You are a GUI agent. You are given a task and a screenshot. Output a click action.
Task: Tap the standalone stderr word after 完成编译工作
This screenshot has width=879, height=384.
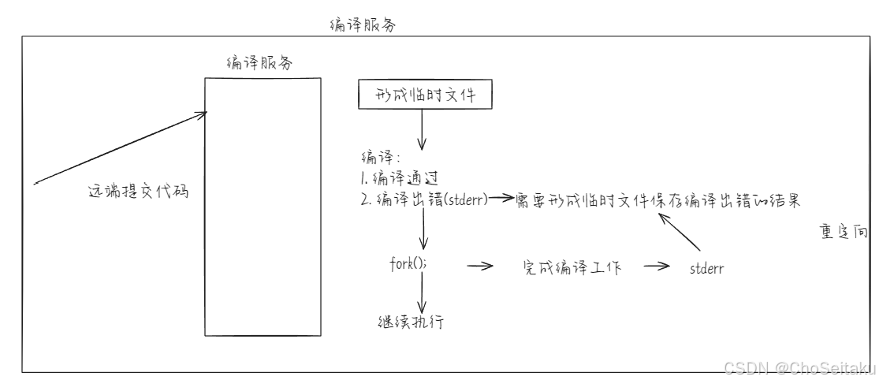tap(706, 269)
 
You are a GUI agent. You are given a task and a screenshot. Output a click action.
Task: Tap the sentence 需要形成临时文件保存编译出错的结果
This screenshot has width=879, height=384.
tap(657, 199)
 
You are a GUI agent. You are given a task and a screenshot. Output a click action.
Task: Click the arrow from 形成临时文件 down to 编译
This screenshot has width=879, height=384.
tap(422, 129)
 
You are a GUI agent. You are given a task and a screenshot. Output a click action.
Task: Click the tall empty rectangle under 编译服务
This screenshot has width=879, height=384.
tap(263, 205)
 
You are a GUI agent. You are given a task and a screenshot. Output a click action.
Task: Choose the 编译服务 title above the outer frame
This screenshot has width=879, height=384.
tap(362, 24)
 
